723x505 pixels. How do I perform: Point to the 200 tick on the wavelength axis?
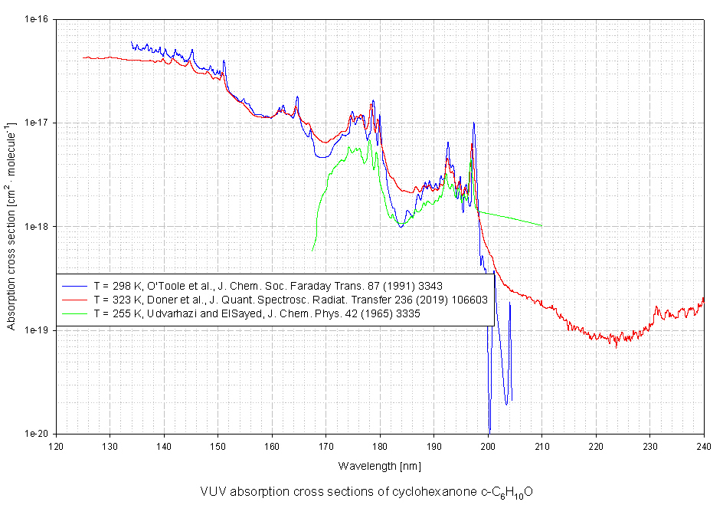point(488,446)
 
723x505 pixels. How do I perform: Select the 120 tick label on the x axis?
point(57,446)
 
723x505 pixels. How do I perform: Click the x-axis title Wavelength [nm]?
point(380,466)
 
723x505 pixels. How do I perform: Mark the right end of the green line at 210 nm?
point(542,225)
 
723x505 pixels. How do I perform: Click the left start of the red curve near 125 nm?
point(83,57)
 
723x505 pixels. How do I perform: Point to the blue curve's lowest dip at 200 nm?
point(489,430)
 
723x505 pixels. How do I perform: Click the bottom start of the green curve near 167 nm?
point(312,250)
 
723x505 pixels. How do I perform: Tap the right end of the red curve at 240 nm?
point(704,299)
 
